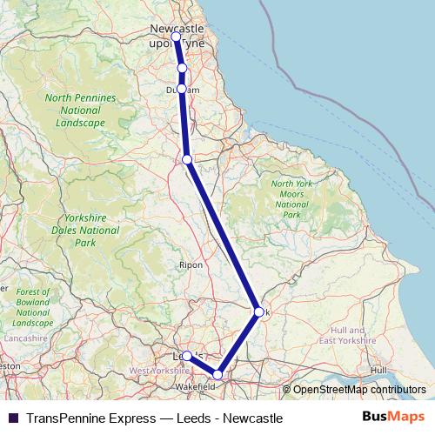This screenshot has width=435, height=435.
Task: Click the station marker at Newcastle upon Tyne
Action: [x=177, y=37]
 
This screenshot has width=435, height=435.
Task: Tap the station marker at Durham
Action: [x=182, y=89]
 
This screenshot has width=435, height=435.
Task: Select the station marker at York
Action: [x=258, y=311]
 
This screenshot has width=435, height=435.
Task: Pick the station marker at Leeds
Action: [x=187, y=356]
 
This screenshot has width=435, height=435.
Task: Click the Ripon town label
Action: [x=191, y=264]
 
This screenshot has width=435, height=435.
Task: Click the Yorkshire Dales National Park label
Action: [x=85, y=231]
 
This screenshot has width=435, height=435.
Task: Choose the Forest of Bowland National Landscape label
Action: [x=33, y=306]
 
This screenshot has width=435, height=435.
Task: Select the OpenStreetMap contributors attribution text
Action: [x=358, y=390]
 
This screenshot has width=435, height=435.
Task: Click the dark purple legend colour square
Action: [x=11, y=418]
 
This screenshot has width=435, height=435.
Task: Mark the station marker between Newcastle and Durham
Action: [x=182, y=68]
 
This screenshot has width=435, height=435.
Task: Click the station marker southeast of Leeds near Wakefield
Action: [x=217, y=375]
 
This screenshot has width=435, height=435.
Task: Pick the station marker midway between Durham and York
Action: [x=187, y=159]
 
